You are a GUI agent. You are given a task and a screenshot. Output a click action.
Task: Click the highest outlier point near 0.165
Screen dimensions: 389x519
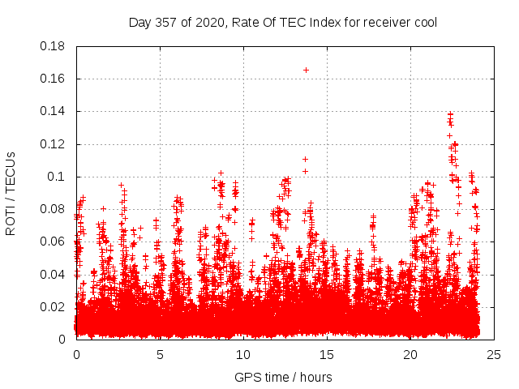[x=306, y=70]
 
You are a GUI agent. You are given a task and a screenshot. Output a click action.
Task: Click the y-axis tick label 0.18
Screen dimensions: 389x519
[x=54, y=46]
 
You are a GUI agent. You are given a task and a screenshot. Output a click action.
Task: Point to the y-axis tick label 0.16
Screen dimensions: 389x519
[x=54, y=79]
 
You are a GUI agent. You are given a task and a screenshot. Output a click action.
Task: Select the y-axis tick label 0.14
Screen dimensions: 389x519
[x=54, y=111]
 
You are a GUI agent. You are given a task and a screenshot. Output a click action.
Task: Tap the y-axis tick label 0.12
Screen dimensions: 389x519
[x=54, y=144]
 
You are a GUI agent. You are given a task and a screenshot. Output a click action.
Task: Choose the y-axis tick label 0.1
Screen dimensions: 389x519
[x=58, y=177]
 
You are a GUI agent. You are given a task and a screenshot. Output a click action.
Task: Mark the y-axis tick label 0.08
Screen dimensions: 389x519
[x=54, y=209]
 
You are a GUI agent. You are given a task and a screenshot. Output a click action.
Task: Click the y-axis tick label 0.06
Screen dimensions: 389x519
[x=54, y=242]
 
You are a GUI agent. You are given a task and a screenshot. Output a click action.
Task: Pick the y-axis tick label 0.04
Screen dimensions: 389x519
[x=54, y=274]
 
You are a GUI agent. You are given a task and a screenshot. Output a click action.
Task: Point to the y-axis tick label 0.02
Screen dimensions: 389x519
[x=54, y=306]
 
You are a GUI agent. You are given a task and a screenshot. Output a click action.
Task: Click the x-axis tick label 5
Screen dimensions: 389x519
[x=160, y=354]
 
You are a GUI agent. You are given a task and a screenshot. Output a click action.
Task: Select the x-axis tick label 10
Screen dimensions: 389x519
[x=243, y=354]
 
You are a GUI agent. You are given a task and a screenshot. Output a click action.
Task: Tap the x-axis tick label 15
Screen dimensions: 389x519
[x=327, y=354]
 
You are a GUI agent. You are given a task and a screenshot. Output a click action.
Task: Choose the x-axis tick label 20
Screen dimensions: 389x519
[x=410, y=354]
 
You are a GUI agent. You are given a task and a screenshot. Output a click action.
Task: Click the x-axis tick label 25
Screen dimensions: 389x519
[x=494, y=354]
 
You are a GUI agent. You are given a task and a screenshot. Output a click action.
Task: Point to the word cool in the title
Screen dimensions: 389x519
[x=424, y=22]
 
